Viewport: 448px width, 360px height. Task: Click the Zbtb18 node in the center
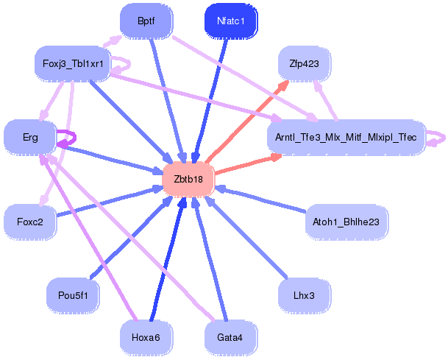pos(188,180)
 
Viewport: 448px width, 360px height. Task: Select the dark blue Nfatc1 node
pos(231,21)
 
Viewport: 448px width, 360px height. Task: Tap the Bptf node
pos(146,21)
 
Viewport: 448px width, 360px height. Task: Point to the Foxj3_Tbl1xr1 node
pos(73,63)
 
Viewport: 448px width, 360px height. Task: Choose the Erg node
pos(30,137)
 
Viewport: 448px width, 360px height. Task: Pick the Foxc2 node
pos(30,222)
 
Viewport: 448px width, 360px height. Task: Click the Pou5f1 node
pos(73,295)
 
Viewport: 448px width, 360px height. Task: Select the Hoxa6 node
pos(146,338)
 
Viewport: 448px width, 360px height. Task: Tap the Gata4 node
pos(230,338)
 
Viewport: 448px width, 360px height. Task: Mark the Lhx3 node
pos(305,295)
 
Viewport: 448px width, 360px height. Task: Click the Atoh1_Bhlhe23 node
pos(346,222)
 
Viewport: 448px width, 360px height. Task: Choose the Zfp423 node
pos(305,63)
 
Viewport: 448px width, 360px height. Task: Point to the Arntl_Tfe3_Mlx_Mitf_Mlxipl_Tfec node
pos(346,137)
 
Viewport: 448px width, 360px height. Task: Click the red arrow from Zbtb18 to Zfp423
pos(247,121)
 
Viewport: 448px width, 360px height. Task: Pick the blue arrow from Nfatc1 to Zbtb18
pos(210,101)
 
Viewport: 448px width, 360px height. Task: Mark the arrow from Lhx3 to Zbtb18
pos(246,236)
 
